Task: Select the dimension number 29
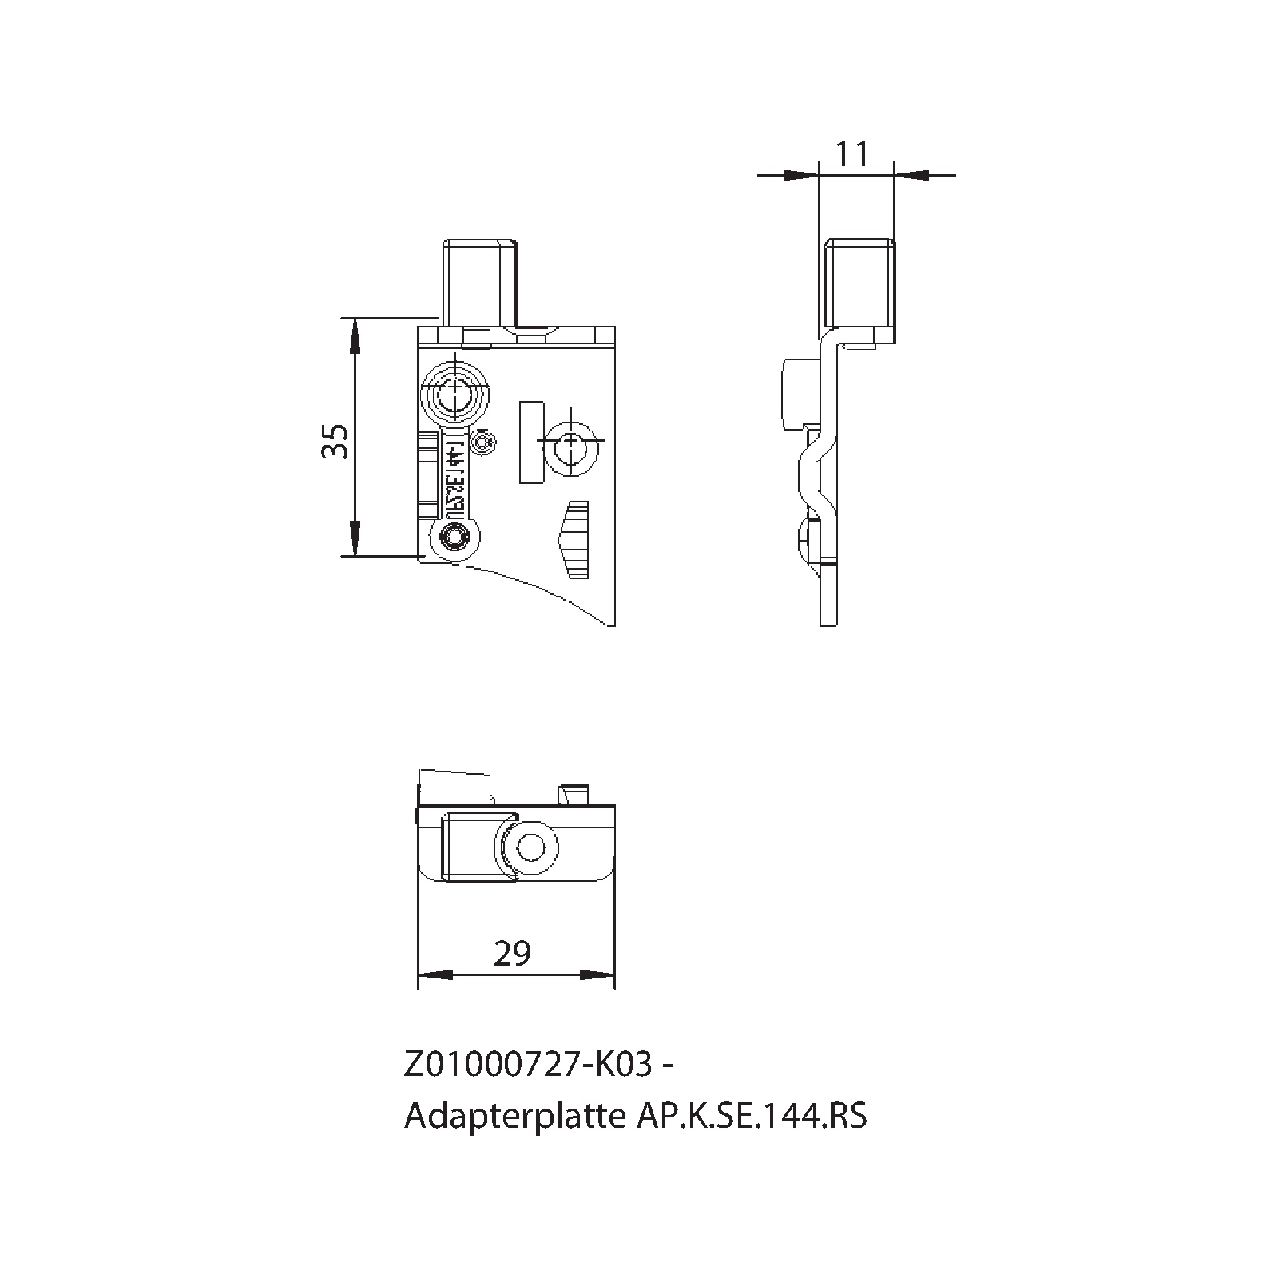pyautogui.click(x=512, y=953)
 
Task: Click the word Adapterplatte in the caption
pyautogui.click(x=515, y=1116)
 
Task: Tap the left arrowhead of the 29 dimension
pyautogui.click(x=435, y=975)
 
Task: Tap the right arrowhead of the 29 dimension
pyautogui.click(x=597, y=975)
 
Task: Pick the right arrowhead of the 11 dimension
pyautogui.click(x=911, y=173)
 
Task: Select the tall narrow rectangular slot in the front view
pyautogui.click(x=531, y=442)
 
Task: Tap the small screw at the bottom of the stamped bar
pyautogui.click(x=456, y=538)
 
